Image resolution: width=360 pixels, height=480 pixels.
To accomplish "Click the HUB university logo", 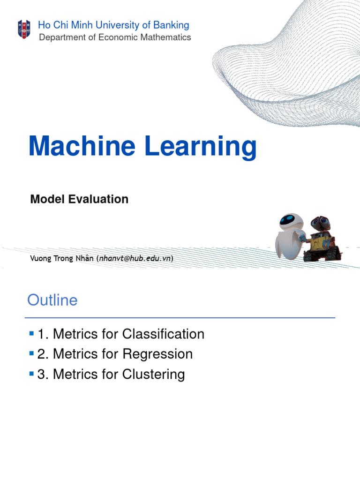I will [24, 29].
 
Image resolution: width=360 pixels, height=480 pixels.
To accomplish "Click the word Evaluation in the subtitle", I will [99, 199].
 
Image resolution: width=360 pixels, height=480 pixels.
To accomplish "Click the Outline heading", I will [52, 300].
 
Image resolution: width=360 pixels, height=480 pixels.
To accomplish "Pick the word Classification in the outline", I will [163, 334].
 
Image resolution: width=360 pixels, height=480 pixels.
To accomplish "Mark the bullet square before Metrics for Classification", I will [32, 334].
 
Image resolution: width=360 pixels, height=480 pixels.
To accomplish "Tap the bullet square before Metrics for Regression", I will [32, 353].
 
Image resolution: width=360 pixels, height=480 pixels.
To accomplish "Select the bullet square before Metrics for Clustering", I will [32, 374].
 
